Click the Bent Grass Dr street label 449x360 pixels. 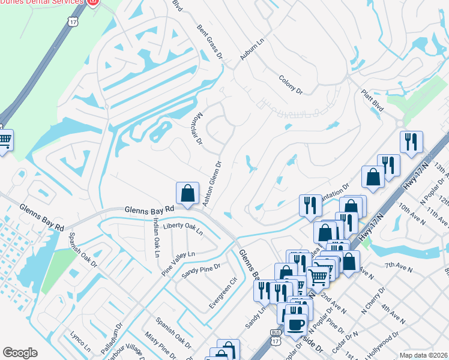pos(210,41)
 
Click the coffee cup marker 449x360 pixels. pos(294,325)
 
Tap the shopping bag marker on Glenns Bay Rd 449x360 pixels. pos(187,193)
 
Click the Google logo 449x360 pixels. pos(20,353)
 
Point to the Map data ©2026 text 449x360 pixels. pos(423,355)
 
